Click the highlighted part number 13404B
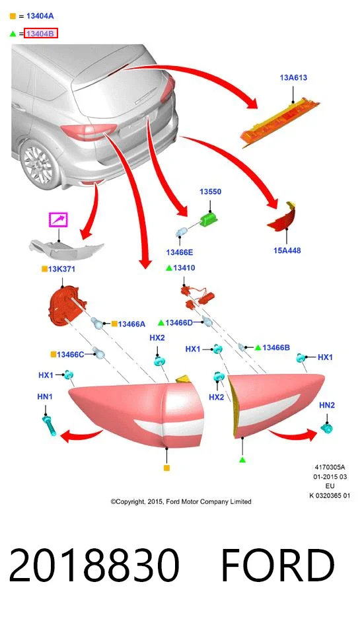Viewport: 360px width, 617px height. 41,34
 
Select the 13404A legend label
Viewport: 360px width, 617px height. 40,16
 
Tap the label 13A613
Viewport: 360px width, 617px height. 293,77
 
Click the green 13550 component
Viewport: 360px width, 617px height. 209,219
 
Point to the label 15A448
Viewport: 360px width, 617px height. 287,250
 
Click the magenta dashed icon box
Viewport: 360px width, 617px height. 58,219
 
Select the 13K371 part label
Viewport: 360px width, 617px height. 61,269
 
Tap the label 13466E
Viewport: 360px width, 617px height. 180,252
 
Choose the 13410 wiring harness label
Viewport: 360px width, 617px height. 184,268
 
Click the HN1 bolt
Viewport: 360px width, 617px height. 49,425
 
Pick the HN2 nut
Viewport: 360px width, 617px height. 327,427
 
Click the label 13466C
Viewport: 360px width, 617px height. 71,355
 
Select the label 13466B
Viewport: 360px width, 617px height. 276,347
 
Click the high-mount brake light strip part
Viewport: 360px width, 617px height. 279,122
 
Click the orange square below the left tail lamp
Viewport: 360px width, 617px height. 166,468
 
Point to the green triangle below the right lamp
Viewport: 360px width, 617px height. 243,459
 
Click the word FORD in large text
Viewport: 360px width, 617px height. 278,565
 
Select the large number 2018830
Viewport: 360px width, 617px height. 94,565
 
